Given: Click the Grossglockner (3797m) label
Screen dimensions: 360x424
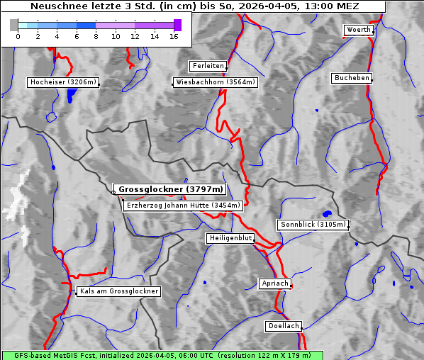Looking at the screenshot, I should (x=170, y=190).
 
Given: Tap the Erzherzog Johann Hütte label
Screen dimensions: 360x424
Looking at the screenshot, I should (x=183, y=206).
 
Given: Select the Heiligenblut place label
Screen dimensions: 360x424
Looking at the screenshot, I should (x=230, y=238).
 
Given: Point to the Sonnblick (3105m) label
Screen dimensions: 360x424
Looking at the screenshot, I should (x=313, y=225).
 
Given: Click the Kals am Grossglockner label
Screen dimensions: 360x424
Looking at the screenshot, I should (x=118, y=291).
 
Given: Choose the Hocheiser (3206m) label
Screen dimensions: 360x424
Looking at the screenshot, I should (x=62, y=82).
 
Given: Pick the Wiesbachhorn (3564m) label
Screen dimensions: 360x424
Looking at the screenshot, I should (x=216, y=82).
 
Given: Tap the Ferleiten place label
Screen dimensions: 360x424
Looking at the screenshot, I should (x=208, y=66).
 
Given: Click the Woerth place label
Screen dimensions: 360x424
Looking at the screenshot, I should (x=358, y=30).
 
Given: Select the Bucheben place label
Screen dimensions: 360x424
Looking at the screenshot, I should (x=352, y=77).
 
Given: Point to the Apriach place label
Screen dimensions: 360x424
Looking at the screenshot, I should (x=274, y=283).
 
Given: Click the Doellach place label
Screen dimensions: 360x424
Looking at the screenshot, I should (x=284, y=327).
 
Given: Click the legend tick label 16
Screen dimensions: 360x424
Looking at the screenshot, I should (x=174, y=36).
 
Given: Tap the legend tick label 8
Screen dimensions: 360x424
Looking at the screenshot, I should (x=96, y=36).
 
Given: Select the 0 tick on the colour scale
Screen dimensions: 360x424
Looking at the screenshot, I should (x=18, y=36).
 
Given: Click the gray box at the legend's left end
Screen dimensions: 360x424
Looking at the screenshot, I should (x=13, y=25).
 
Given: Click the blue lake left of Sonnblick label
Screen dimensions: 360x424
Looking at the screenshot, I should (x=327, y=213).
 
